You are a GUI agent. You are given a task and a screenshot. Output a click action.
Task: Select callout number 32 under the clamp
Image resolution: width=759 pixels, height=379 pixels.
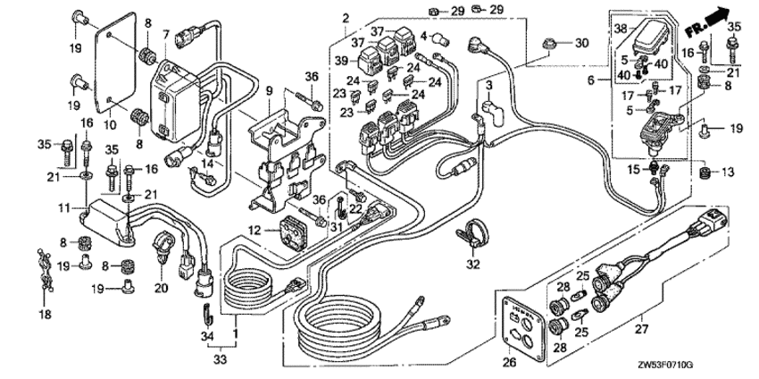pyautogui.click(x=473, y=265)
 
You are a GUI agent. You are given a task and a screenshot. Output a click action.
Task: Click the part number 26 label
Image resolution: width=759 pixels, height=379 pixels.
pyautogui.click(x=509, y=362)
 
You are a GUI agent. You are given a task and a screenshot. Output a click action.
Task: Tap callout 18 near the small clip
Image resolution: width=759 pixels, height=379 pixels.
pyautogui.click(x=44, y=315)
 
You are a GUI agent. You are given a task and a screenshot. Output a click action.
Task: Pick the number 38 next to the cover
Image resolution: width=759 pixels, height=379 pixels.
pyautogui.click(x=621, y=28)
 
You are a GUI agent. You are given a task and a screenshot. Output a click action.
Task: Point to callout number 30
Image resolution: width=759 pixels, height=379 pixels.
pyautogui.click(x=581, y=43)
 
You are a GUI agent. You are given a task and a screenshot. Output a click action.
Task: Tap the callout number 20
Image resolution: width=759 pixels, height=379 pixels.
pyautogui.click(x=160, y=288)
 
